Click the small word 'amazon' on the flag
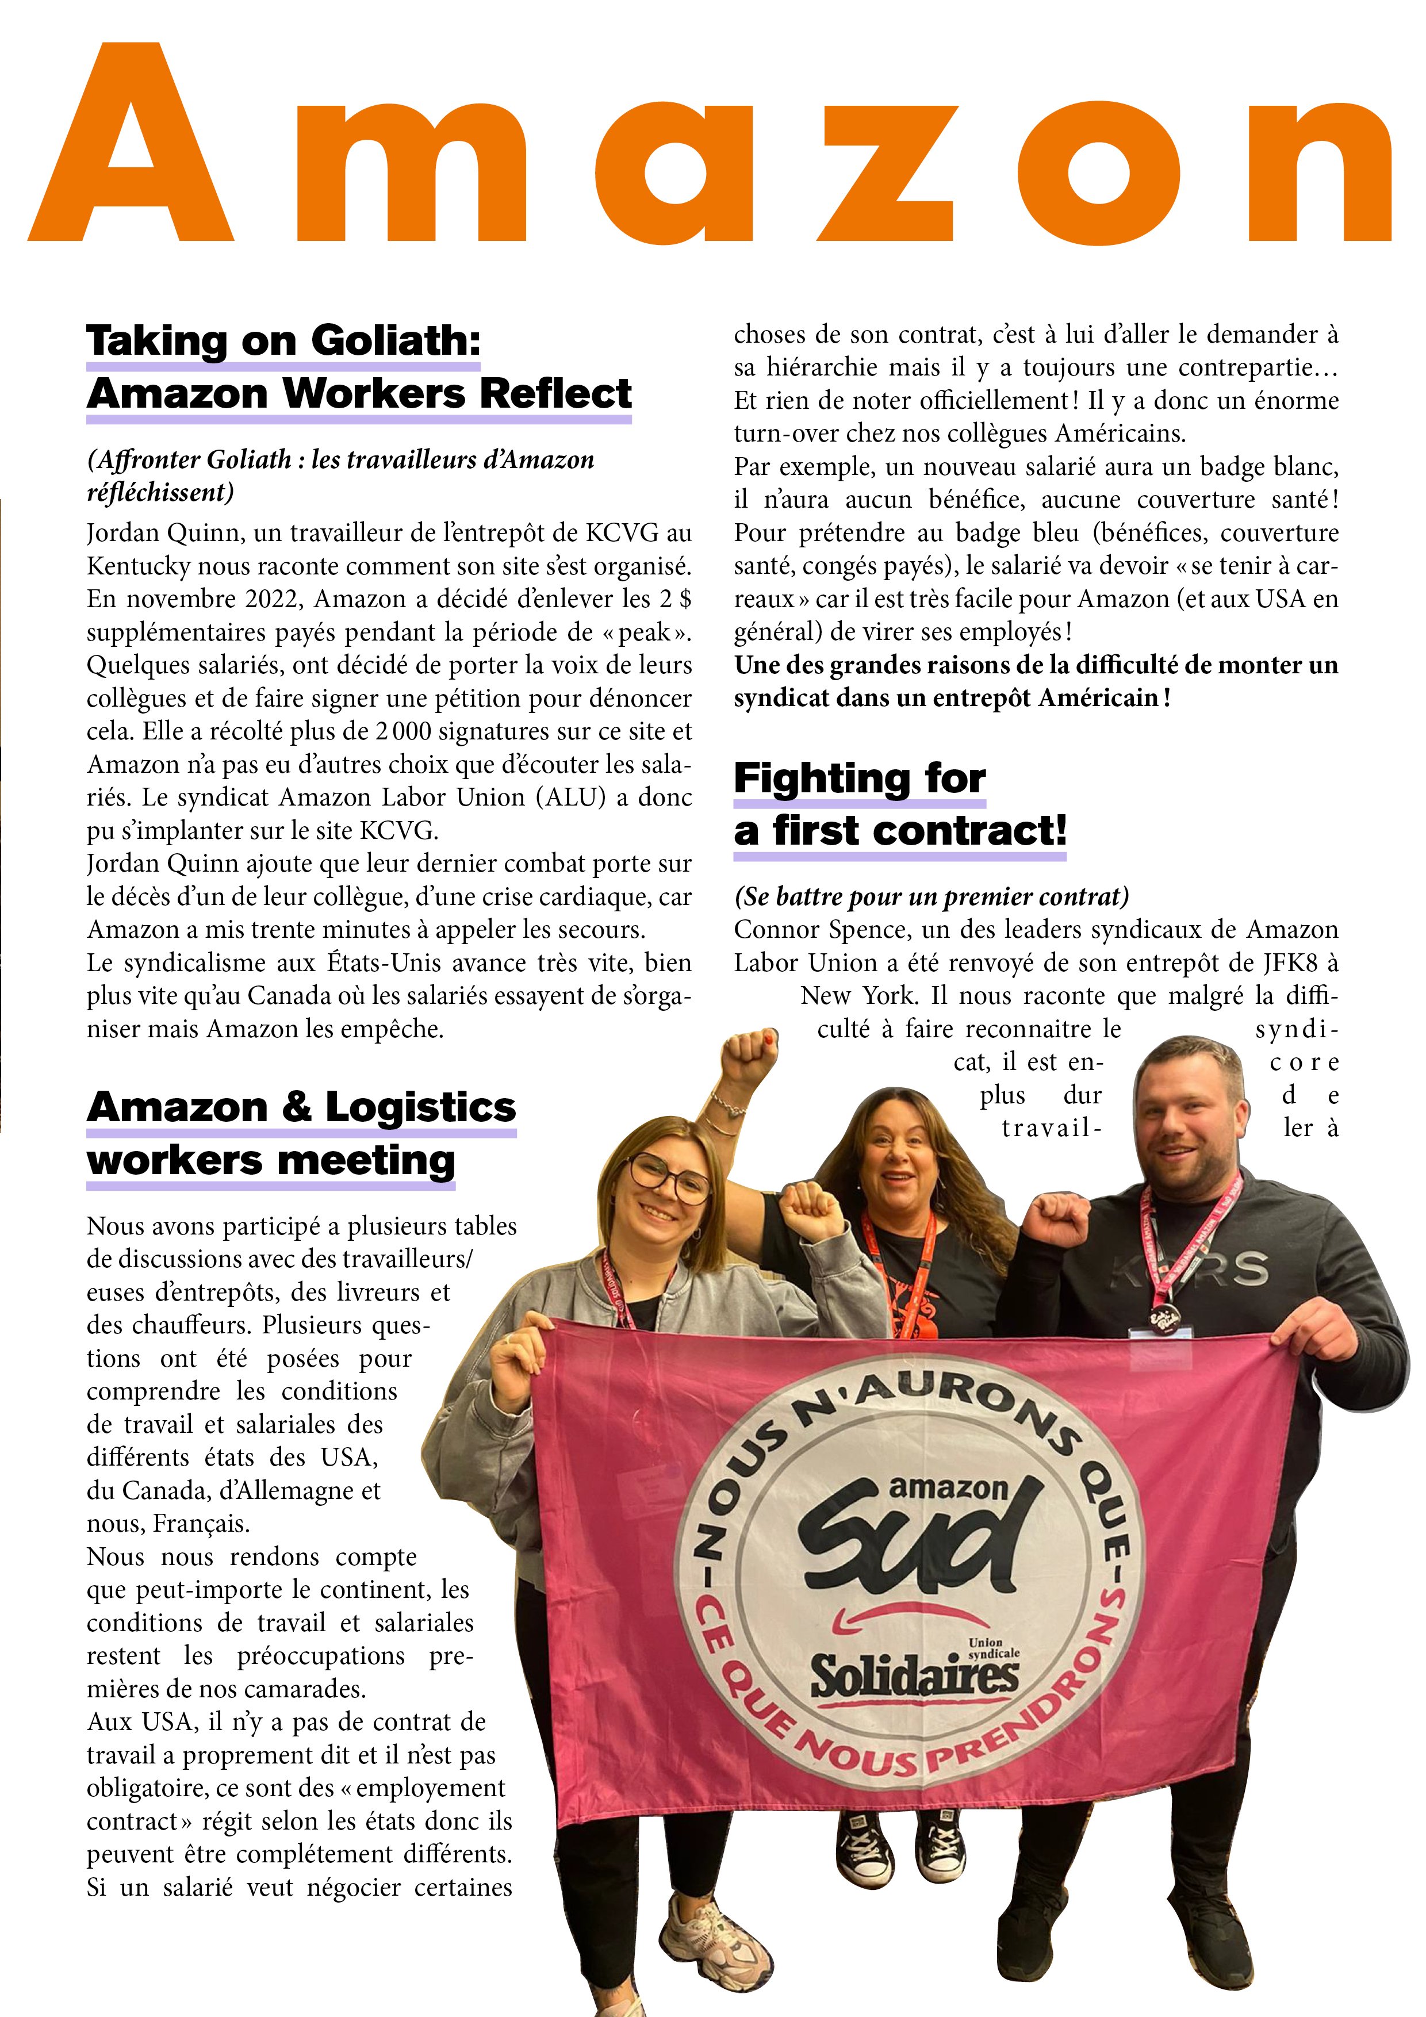coord(948,1487)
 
